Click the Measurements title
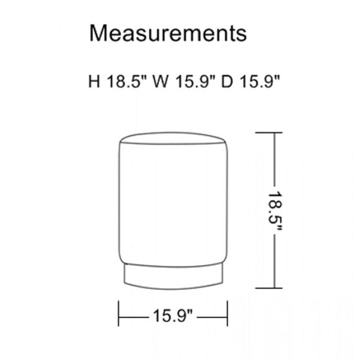pos(168,33)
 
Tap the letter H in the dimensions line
pos(94,81)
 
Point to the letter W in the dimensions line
pos(160,81)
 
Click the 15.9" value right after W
pos(196,81)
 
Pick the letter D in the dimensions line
pos(227,81)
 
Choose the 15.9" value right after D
pos(260,81)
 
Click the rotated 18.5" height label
pos(275,211)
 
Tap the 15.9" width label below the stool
pos(173,316)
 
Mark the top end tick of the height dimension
pos(269,133)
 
